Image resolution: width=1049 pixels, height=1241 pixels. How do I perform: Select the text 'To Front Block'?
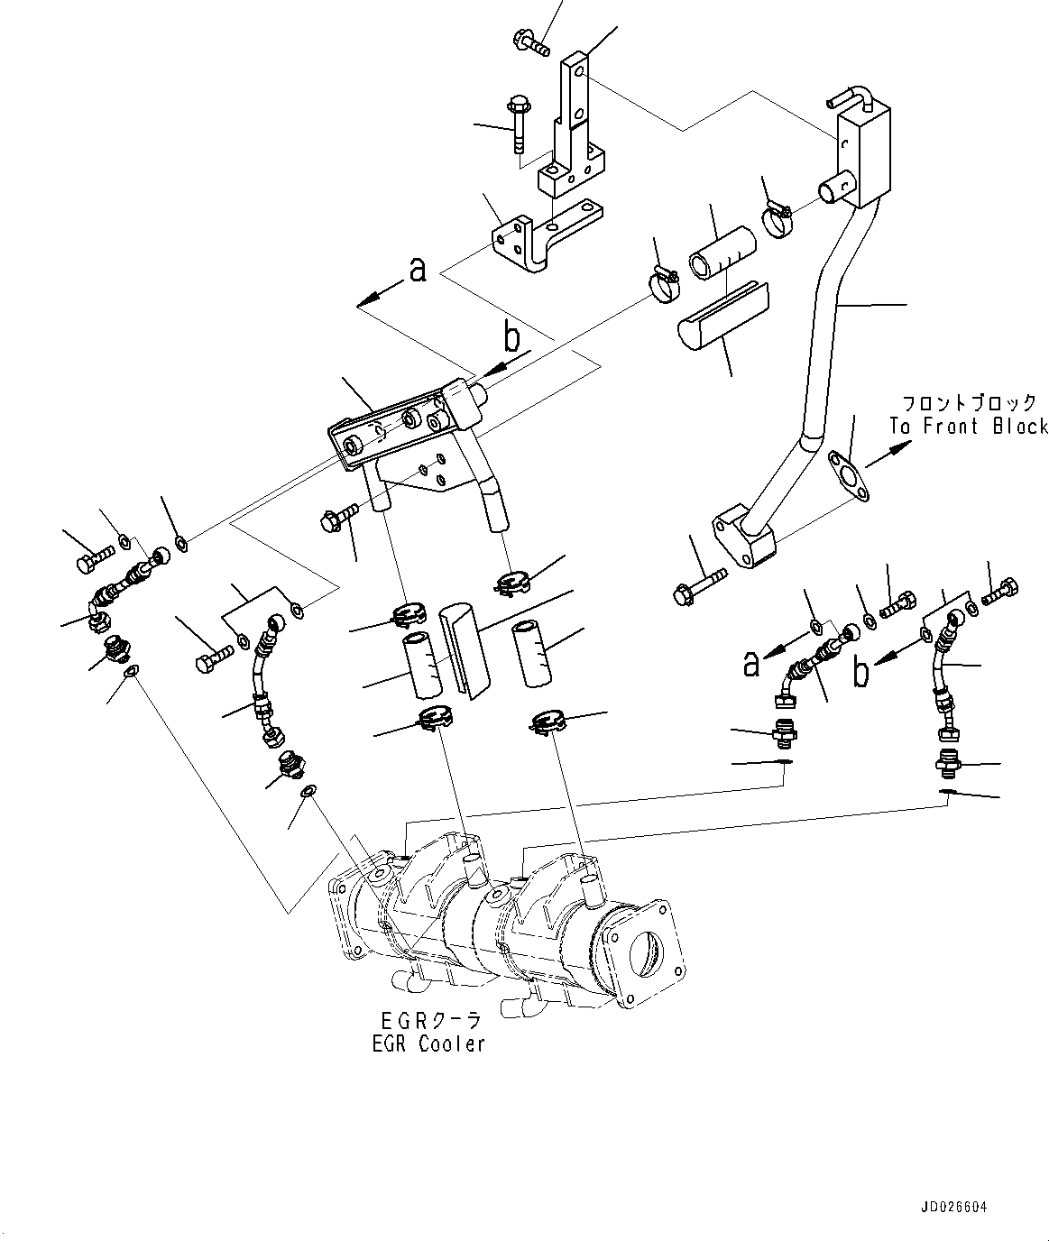point(967,427)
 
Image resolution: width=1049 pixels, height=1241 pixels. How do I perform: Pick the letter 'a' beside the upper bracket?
point(417,269)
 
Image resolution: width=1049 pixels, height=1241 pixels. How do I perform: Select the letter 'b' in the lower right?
point(862,671)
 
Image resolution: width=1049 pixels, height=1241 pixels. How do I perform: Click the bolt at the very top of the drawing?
point(532,41)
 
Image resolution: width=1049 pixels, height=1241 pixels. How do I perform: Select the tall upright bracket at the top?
point(574,126)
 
